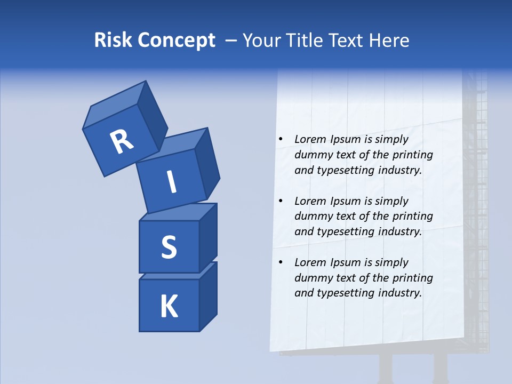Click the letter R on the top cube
[x=122, y=141]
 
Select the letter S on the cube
[x=169, y=247]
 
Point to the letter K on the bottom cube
[x=169, y=307]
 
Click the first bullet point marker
[x=281, y=140]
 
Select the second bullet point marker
[x=281, y=201]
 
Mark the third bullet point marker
[x=281, y=262]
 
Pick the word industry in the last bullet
[x=400, y=293]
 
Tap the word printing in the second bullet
[x=412, y=217]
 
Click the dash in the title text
[x=231, y=41]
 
